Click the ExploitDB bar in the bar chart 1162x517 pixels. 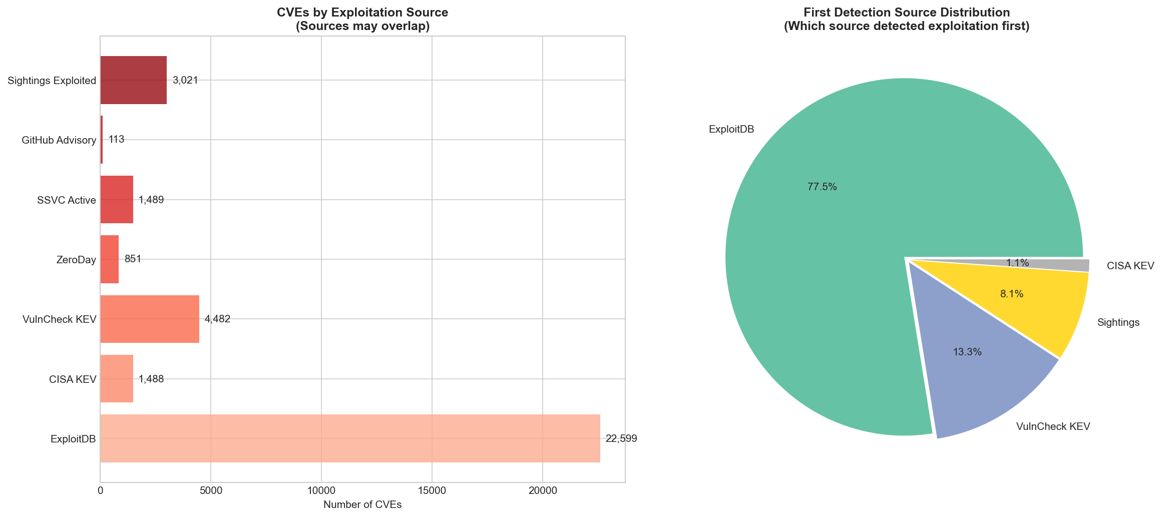(350, 438)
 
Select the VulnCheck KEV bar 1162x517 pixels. (150, 319)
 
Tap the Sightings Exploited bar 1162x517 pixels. (133, 80)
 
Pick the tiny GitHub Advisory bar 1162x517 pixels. (102, 140)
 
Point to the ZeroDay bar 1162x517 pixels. (110, 259)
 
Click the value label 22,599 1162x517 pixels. (621, 439)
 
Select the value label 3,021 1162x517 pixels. (185, 80)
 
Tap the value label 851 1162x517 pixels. (133, 259)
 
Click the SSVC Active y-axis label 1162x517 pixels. (66, 200)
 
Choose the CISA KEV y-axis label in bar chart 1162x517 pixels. (72, 379)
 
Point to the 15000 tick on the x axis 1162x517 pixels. (432, 492)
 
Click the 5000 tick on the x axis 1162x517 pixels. (211, 492)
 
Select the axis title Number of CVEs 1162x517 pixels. (362, 505)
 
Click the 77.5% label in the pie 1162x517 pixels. (822, 187)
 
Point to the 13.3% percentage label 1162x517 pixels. (967, 352)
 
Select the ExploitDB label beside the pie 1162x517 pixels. (731, 130)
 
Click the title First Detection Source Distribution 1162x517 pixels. (906, 13)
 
